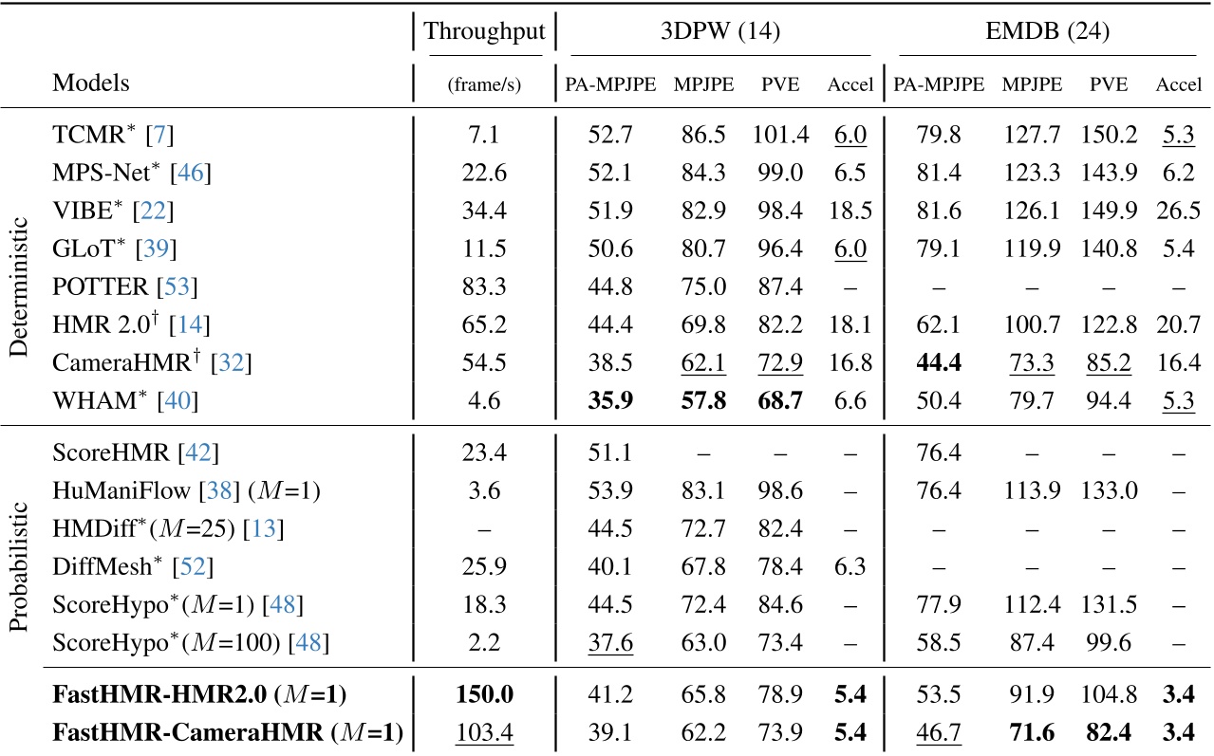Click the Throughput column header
(484, 31)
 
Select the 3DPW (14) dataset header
(720, 31)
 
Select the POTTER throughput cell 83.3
(484, 285)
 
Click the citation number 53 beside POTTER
(175, 286)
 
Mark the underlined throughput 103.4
(484, 731)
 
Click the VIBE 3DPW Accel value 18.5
(850, 210)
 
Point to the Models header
(91, 83)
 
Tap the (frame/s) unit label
(484, 85)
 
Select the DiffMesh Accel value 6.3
(850, 567)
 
